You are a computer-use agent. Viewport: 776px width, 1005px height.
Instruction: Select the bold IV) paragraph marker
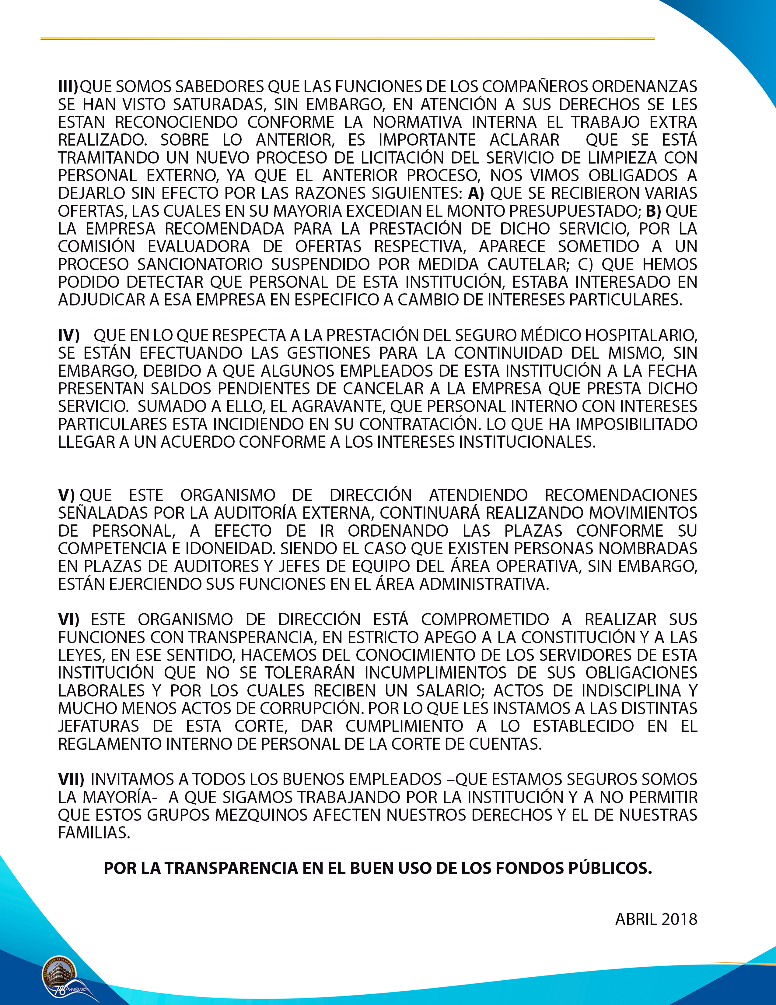tap(68, 336)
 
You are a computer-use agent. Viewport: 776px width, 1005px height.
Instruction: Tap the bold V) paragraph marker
tap(66, 495)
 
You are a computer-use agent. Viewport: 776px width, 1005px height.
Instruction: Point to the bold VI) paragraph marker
tap(68, 619)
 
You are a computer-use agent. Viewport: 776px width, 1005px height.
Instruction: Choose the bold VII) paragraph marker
tap(71, 779)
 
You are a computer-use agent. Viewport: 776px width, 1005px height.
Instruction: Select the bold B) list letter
tap(653, 211)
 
